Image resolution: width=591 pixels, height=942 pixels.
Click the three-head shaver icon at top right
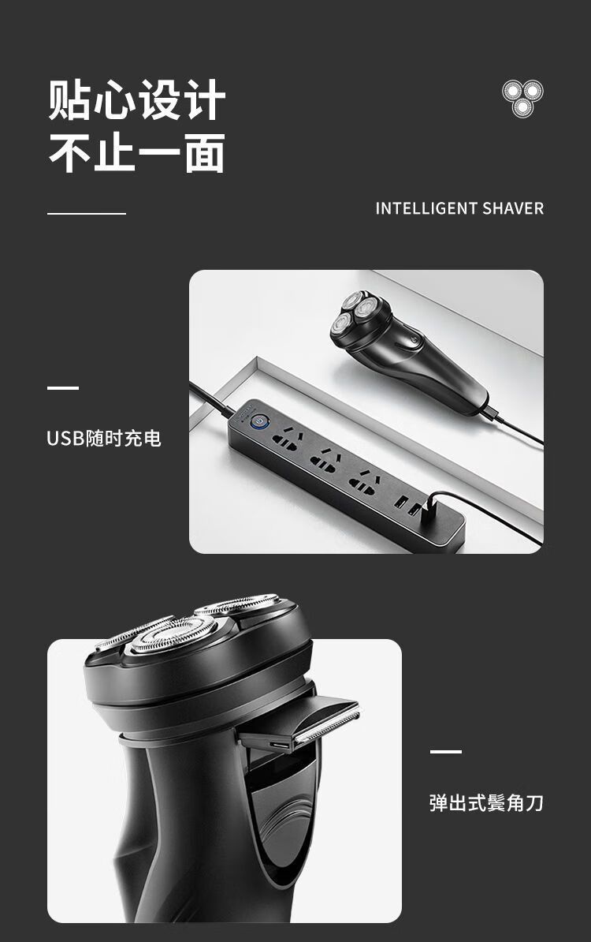point(522,98)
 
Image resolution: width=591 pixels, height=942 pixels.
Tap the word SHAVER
point(513,208)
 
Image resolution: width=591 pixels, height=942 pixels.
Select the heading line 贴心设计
point(137,99)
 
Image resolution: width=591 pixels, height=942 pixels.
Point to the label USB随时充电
point(104,439)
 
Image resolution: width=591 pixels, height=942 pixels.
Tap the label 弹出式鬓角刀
point(486,802)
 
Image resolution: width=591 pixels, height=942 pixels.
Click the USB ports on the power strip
point(407,506)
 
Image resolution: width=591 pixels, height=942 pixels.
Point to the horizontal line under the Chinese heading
point(87,213)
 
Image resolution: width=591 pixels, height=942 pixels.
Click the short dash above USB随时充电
point(63,388)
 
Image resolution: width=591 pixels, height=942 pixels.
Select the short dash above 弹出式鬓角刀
point(446,752)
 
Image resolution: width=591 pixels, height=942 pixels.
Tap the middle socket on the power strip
point(325,460)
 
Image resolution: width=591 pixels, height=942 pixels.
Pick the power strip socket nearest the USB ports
point(363,482)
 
